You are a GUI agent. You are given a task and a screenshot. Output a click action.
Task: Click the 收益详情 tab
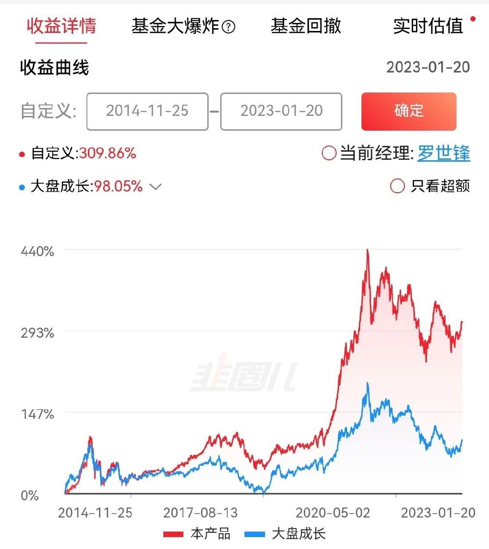tap(61, 26)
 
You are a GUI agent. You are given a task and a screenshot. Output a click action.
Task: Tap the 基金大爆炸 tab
tap(175, 26)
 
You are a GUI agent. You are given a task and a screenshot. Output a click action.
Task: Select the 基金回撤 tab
tap(306, 26)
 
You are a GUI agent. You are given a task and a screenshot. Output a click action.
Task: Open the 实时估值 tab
tap(428, 26)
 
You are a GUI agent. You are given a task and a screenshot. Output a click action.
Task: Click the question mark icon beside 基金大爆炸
tap(229, 28)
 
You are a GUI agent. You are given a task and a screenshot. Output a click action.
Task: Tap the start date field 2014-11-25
tap(147, 111)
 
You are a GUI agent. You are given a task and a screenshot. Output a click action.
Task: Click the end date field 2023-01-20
tap(281, 111)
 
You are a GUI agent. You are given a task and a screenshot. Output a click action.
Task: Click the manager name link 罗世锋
tap(444, 154)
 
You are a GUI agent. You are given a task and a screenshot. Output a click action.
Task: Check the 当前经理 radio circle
tap(329, 154)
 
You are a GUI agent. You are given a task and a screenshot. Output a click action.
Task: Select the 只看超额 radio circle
tap(397, 186)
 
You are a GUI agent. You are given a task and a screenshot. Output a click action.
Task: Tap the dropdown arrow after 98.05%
tap(156, 186)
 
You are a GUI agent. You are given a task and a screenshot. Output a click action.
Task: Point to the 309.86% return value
tap(107, 154)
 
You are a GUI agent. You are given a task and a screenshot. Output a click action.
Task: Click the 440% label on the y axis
tap(37, 251)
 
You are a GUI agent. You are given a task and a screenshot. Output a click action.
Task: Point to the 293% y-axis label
tap(37, 332)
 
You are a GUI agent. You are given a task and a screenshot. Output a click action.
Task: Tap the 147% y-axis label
tap(37, 414)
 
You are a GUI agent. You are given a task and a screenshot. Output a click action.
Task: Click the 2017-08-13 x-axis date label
tap(200, 513)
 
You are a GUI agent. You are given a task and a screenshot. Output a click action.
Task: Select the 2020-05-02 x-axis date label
tap(333, 513)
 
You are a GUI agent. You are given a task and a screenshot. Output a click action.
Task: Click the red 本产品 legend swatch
tap(173, 534)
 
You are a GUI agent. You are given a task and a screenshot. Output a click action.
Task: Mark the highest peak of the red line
tap(367, 249)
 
